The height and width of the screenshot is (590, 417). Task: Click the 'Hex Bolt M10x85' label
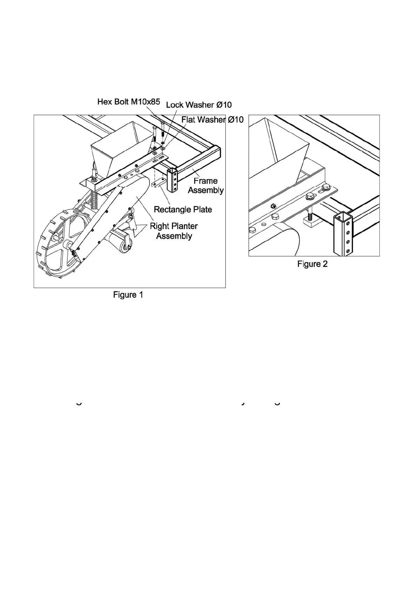click(128, 102)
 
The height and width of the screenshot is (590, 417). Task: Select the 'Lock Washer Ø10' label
click(199, 105)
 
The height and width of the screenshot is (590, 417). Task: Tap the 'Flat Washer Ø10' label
click(212, 120)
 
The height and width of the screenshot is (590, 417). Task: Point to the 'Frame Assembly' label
click(206, 186)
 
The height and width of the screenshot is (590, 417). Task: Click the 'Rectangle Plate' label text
click(183, 210)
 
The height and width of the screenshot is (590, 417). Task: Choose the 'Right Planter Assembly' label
click(174, 231)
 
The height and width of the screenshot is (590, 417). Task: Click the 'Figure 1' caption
click(128, 295)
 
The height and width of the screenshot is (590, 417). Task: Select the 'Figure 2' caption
click(312, 264)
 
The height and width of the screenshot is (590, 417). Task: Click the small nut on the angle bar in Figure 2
click(274, 206)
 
